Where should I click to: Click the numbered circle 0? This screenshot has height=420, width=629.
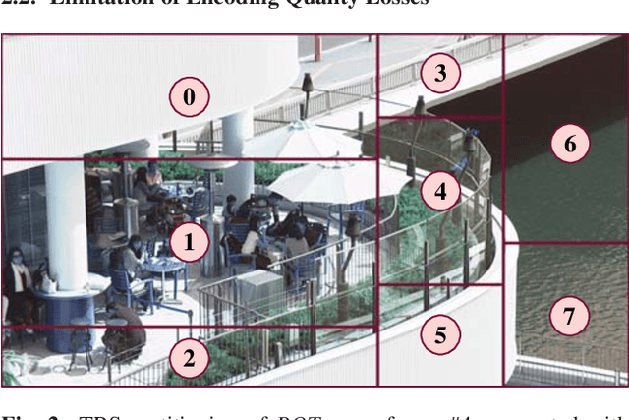(x=189, y=95)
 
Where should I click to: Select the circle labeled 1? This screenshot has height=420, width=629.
(x=189, y=241)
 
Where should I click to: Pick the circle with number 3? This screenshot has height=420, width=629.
(x=440, y=72)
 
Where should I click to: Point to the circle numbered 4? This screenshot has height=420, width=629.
(x=440, y=191)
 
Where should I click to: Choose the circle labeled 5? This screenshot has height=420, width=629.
(x=440, y=335)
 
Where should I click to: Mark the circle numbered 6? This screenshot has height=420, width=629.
(x=569, y=144)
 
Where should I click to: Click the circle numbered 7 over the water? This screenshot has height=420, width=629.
(x=568, y=316)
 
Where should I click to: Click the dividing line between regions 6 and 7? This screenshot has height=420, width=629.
(x=566, y=243)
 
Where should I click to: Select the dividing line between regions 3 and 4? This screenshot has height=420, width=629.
(x=440, y=117)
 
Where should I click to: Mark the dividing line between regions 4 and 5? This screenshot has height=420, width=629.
(x=440, y=285)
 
